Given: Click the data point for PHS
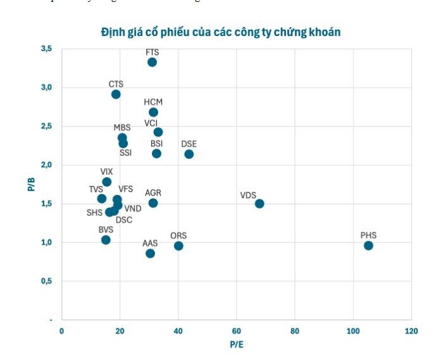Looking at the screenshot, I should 368,245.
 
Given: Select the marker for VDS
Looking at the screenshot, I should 259,204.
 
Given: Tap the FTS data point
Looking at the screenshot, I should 152,62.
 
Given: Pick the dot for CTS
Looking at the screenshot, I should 116,94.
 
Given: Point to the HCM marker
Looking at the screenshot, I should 153,112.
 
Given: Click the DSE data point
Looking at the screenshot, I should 189,154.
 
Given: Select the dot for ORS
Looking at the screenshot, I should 178,246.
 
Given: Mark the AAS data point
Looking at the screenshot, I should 150,254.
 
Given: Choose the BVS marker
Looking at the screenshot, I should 106,240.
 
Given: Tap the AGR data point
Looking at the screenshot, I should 153,203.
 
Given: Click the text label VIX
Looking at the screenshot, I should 107,171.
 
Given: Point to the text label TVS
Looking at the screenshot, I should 96,189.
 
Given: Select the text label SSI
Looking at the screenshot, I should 126,153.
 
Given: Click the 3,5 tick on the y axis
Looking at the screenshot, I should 47,49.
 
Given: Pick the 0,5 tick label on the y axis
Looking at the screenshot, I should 47,281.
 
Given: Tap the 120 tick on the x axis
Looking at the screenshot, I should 411,332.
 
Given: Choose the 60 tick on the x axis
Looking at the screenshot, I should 237,332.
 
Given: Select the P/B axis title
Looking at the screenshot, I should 30,184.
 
